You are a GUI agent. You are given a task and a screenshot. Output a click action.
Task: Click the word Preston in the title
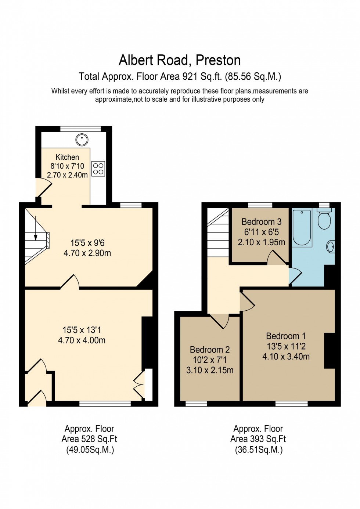click(x=218, y=60)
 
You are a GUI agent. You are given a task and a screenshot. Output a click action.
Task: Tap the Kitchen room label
click(x=67, y=157)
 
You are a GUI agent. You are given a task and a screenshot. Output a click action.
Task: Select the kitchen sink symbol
click(x=82, y=140)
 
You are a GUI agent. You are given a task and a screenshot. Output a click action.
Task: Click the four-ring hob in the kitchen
click(x=98, y=169)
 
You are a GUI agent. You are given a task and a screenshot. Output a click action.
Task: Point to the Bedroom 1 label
click(x=286, y=336)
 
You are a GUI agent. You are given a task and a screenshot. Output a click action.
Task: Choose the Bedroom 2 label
click(x=210, y=350)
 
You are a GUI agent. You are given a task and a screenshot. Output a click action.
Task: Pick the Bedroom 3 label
click(x=261, y=222)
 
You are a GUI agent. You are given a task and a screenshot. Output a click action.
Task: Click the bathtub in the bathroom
click(x=302, y=227)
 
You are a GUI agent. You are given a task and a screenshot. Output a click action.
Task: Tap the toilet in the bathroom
click(x=324, y=220)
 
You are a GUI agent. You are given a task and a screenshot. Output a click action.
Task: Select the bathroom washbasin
click(x=331, y=246)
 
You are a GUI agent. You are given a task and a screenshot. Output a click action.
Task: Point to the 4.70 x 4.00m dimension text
click(x=82, y=340)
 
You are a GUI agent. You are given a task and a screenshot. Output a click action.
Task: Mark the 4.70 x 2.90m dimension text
click(x=87, y=253)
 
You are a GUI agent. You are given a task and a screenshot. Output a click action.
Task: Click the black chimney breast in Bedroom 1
click(x=330, y=350)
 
